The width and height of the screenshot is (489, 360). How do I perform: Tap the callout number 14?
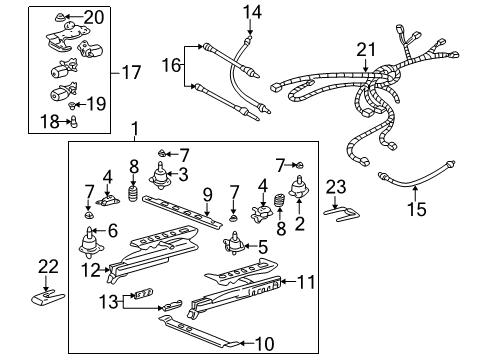[x=250, y=12]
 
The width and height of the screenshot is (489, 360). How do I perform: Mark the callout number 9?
[x=207, y=194]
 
